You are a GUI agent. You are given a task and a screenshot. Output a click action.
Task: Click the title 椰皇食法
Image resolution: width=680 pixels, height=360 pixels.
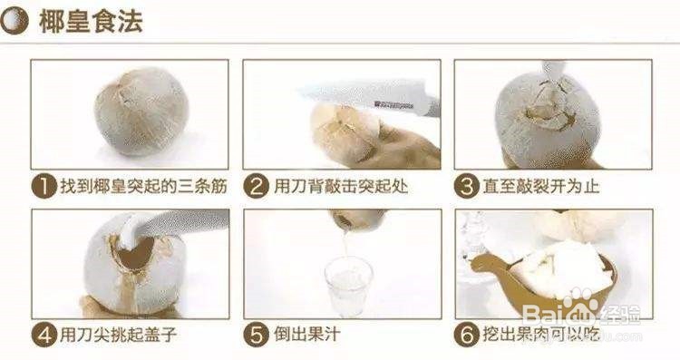91,22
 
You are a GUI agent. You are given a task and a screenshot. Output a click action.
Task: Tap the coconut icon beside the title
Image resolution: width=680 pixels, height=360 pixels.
15,22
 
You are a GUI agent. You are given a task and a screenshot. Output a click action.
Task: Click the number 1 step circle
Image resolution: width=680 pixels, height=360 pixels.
44,187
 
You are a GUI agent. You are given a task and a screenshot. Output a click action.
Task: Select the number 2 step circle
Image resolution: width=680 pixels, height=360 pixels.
256,187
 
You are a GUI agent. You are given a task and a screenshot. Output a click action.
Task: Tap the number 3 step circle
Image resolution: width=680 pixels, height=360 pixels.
467,187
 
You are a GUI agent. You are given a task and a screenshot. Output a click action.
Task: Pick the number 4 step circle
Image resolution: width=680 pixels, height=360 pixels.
44,336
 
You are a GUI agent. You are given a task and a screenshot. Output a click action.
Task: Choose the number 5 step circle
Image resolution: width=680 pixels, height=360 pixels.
256,336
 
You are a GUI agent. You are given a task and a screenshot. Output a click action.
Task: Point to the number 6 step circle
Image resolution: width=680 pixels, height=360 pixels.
467,336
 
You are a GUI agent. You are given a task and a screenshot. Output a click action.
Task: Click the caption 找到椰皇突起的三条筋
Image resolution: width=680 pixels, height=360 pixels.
143,187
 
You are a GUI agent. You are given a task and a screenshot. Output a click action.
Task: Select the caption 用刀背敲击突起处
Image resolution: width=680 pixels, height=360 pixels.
341,187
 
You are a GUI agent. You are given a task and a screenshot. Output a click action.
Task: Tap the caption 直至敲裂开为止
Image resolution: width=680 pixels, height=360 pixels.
541,187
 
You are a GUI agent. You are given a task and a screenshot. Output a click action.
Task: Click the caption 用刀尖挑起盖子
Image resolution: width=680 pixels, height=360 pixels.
118,335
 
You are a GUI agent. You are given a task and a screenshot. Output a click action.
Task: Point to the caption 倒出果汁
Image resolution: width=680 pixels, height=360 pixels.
307,335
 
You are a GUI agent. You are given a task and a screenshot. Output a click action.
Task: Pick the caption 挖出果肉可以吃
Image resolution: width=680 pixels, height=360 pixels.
541,335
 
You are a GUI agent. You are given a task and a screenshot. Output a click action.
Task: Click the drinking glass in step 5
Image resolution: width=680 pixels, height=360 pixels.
348,287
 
